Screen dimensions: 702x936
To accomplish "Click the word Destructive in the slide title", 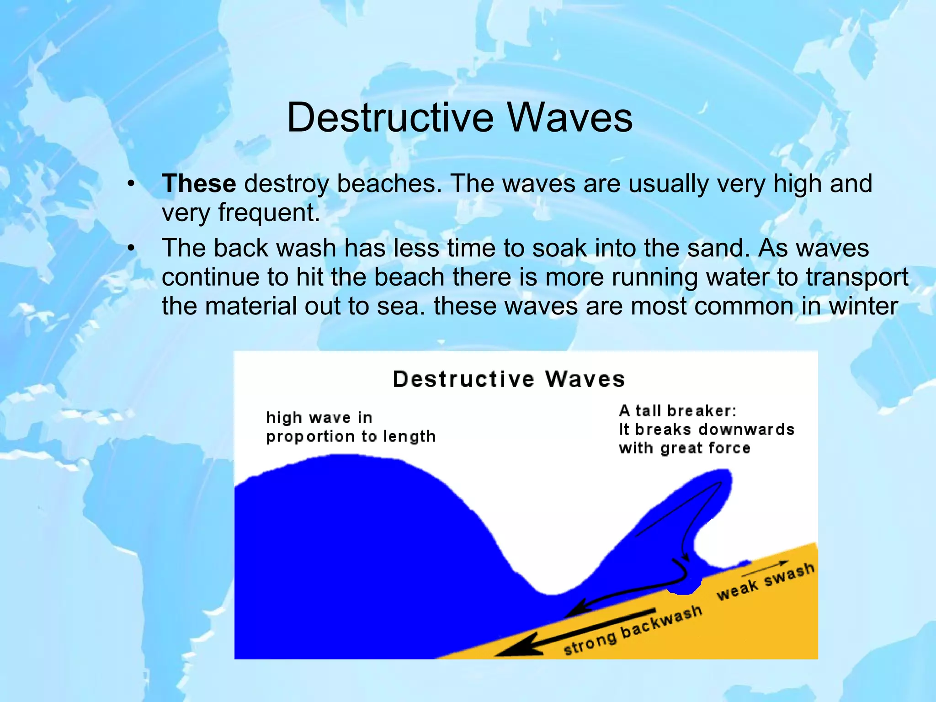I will pyautogui.click(x=390, y=118).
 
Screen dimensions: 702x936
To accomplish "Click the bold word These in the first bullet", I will pyautogui.click(x=199, y=184).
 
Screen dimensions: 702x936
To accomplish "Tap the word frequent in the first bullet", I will pyautogui.click(x=269, y=213).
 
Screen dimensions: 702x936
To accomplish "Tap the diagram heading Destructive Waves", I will pyautogui.click(x=509, y=379).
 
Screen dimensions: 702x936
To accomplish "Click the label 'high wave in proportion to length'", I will pyautogui.click(x=350, y=427).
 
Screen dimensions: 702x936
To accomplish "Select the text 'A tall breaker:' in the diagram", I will pyautogui.click(x=678, y=410).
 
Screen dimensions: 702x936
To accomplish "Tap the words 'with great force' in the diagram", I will pyautogui.click(x=684, y=448).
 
